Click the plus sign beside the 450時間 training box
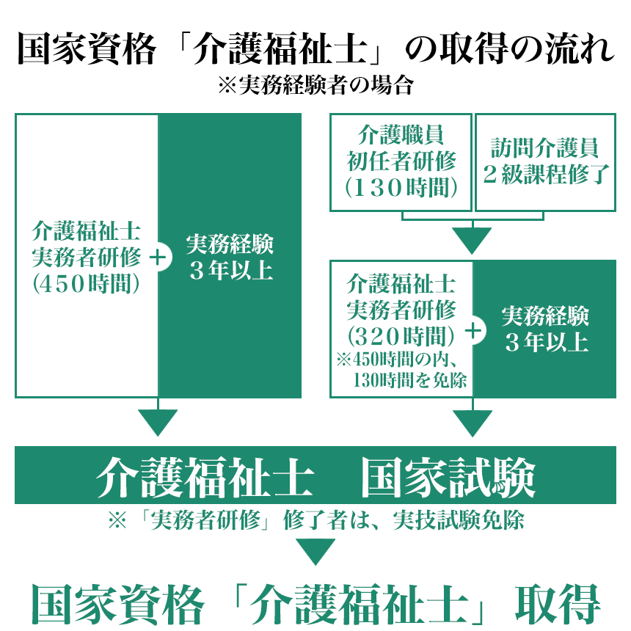pyautogui.click(x=158, y=258)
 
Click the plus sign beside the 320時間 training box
pyautogui.click(x=473, y=331)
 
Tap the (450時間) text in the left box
pyautogui.click(x=86, y=284)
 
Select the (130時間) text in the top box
pyautogui.click(x=401, y=188)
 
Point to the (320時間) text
pyautogui.click(x=401, y=336)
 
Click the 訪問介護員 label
pyautogui.click(x=545, y=147)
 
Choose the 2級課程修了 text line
pyautogui.click(x=546, y=174)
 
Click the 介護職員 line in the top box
pyautogui.click(x=401, y=134)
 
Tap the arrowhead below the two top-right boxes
pyautogui.click(x=472, y=241)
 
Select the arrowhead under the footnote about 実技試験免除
pyautogui.click(x=315, y=552)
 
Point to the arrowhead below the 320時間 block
pyautogui.click(x=473, y=423)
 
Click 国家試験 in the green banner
pyautogui.click(x=448, y=477)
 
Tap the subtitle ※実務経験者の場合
pyautogui.click(x=316, y=85)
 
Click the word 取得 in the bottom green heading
pyautogui.click(x=558, y=604)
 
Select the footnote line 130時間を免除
pyautogui.click(x=409, y=380)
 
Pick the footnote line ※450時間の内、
pyautogui.click(x=397, y=360)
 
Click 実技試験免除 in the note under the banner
pyautogui.click(x=459, y=520)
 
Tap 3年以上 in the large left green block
pyautogui.click(x=231, y=271)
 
